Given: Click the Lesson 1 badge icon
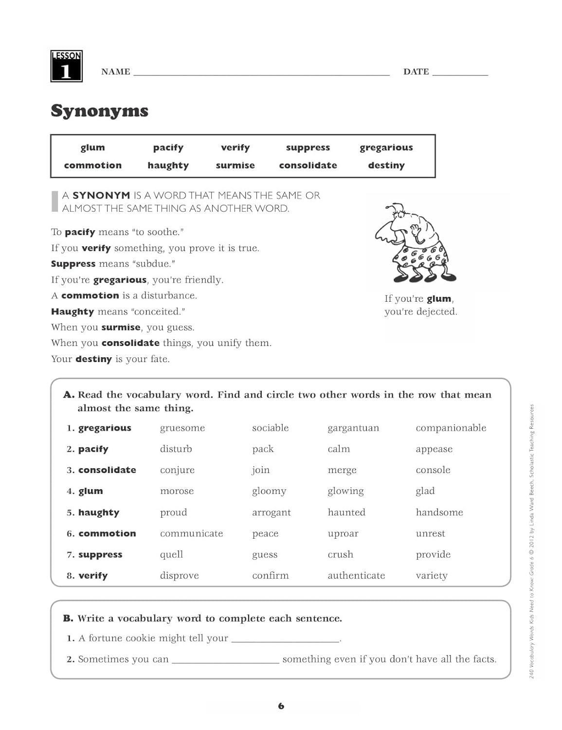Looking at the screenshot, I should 66,66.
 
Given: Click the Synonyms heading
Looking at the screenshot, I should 99,111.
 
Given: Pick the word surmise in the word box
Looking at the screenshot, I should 235,165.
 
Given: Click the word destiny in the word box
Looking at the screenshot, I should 386,165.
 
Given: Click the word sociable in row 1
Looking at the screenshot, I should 270,428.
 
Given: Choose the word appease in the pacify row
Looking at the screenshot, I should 434,449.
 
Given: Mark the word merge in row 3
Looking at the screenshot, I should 342,470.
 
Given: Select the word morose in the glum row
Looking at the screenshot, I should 177,491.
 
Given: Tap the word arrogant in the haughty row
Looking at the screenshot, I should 271,512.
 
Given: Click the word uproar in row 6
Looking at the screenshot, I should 343,533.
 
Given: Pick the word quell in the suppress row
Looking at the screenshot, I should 171,554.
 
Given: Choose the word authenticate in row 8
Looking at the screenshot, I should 356,575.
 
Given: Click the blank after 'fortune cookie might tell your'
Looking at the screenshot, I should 285,639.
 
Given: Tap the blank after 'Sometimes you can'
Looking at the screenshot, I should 225,660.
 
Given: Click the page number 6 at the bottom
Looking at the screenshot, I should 281,706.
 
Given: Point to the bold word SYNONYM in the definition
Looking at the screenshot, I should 101,196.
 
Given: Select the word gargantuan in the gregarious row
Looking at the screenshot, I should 353,428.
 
